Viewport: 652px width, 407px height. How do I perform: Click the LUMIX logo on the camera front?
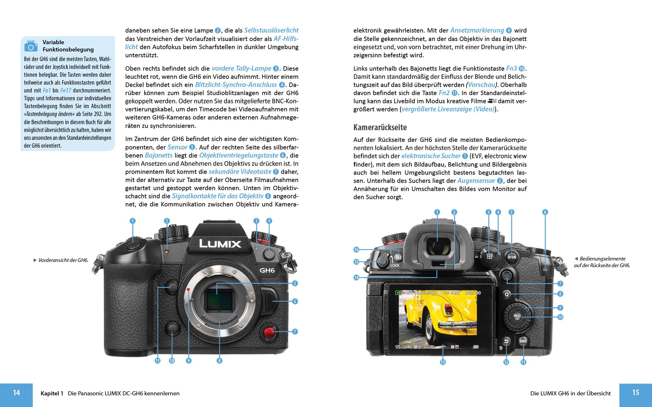click(x=220, y=244)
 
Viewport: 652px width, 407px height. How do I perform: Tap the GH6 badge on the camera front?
click(x=267, y=270)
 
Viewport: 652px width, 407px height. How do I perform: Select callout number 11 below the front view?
click(x=157, y=361)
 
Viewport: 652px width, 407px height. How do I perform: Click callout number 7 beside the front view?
click(x=295, y=331)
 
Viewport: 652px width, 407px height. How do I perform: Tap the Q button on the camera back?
click(x=507, y=294)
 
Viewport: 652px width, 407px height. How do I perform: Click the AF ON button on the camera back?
click(x=512, y=257)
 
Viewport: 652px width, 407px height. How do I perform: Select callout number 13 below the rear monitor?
click(x=443, y=362)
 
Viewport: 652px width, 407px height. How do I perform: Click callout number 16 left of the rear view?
click(x=357, y=250)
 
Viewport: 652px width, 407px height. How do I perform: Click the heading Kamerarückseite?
click(x=380, y=127)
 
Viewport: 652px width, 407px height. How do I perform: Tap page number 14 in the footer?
click(x=16, y=393)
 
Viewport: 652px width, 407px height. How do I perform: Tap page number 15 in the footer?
click(x=635, y=393)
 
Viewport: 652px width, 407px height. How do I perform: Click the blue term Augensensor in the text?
click(x=476, y=181)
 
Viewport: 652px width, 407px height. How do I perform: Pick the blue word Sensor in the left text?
click(x=177, y=147)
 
